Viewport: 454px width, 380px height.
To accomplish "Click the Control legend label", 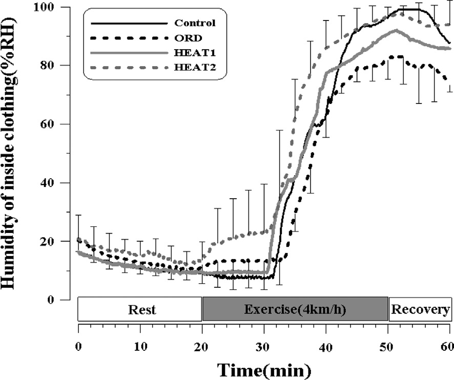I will tap(195, 23).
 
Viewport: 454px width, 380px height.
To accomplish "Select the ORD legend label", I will tap(185, 37).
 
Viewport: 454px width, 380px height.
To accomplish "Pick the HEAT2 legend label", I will tap(191, 66).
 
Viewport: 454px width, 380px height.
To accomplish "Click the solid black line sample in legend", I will tap(129, 23).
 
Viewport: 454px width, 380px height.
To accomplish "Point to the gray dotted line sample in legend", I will tap(129, 66).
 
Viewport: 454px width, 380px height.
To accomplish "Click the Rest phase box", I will tap(140, 309).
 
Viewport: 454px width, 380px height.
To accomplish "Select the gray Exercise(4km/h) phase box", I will tap(295, 309).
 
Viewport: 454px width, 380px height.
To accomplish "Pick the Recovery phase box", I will tap(420, 309).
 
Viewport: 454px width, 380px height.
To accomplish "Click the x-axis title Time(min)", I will tap(264, 369).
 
